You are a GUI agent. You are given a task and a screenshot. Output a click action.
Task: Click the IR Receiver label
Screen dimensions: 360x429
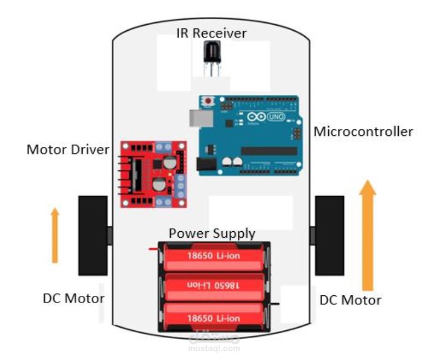(211, 33)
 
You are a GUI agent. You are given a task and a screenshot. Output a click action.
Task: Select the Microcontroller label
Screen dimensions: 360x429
(363, 132)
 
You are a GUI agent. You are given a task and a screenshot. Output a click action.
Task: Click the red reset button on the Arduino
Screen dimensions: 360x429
(208, 101)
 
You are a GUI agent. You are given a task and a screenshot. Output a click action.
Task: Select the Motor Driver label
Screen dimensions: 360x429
(68, 149)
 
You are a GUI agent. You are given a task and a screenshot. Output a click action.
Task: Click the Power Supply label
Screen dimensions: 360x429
(211, 233)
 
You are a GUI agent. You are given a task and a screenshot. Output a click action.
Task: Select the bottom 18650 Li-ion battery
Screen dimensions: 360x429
(215, 317)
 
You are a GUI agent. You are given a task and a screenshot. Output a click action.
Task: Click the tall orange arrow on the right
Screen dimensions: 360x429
(368, 236)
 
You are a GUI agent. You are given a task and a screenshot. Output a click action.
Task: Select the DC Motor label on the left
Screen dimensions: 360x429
(73, 299)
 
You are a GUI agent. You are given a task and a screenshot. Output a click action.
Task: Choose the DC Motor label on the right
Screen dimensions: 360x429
(350, 300)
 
